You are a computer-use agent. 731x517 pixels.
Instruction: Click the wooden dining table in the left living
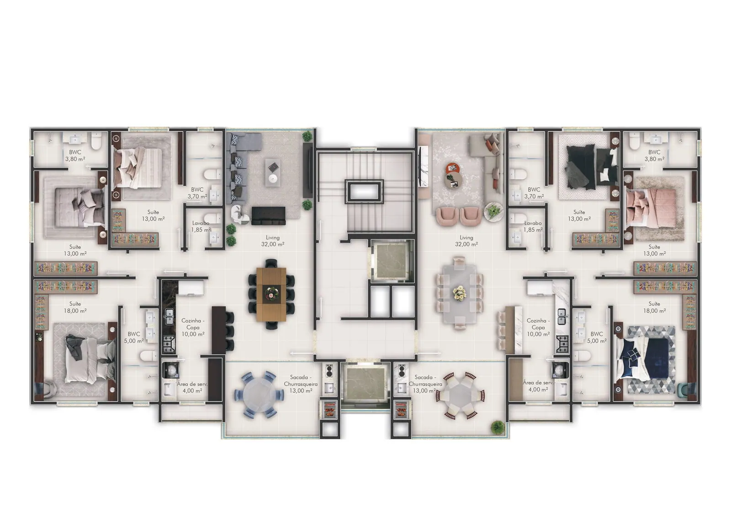click(x=271, y=294)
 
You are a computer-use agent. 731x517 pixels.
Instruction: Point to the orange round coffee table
click(x=452, y=169)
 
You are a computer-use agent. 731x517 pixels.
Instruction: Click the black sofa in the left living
click(x=268, y=216)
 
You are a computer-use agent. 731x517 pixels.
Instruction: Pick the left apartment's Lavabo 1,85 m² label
click(x=201, y=226)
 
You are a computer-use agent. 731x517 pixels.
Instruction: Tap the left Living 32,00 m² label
click(x=272, y=241)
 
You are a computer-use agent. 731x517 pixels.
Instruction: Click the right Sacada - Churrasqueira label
click(x=425, y=384)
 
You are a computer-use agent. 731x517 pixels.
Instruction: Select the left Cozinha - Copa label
click(x=193, y=327)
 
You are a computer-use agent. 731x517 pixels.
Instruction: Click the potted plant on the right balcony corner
click(x=498, y=427)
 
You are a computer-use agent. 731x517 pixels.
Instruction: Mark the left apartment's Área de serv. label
click(x=192, y=387)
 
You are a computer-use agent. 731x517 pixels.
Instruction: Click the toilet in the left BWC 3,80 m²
click(x=96, y=141)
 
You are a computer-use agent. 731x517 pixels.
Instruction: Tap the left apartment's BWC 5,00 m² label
click(x=134, y=337)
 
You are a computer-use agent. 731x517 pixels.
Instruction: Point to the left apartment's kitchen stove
click(x=169, y=344)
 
